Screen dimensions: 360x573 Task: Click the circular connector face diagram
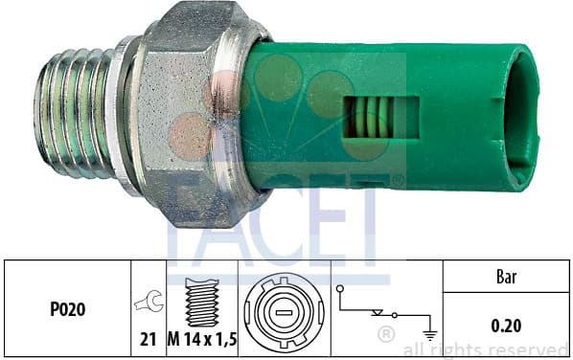point(284,312)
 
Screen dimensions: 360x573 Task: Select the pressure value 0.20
point(506,326)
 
